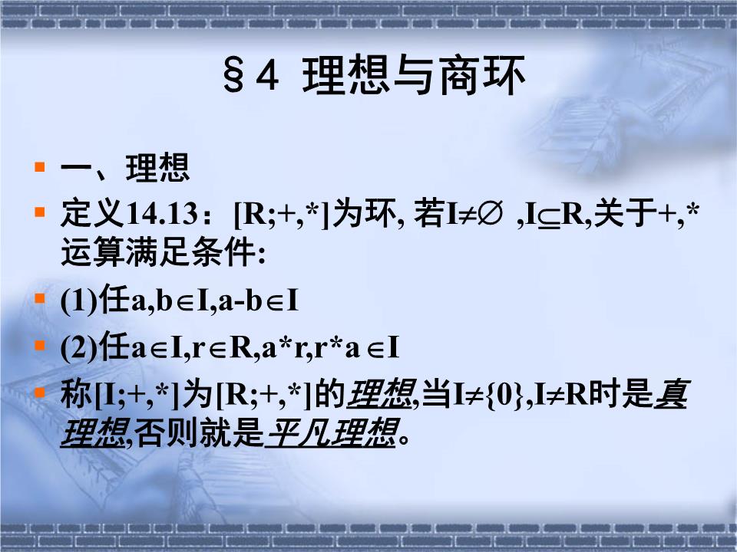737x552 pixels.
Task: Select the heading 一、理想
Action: [x=124, y=169]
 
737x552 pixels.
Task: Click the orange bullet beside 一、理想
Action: [x=40, y=166]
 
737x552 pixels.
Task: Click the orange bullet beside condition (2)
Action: [x=40, y=345]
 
